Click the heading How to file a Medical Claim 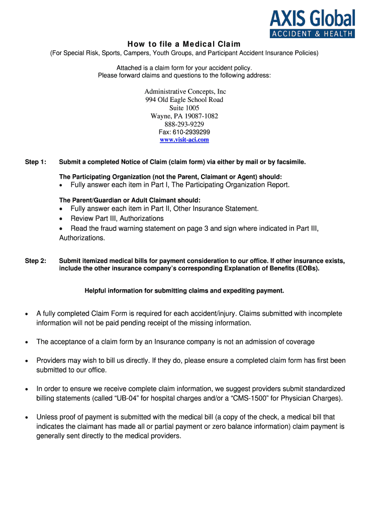184,44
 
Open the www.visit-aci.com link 184,140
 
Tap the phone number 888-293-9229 184,124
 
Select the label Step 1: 36,162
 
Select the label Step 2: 36,261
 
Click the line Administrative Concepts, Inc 185,92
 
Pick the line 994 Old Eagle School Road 184,100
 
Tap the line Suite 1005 184,108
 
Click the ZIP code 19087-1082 197,116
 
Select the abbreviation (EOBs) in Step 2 303,268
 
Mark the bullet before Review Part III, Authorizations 61,219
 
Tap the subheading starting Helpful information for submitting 184,291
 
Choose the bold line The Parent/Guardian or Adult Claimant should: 130,200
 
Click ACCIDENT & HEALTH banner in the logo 312,34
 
